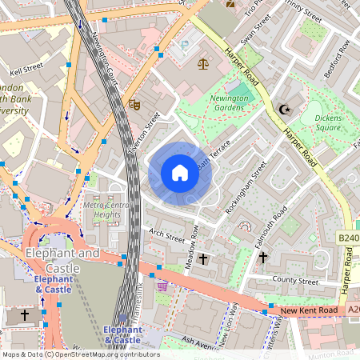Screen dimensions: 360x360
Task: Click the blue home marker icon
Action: click(180, 173)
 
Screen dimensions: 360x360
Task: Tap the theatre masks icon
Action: click(135, 103)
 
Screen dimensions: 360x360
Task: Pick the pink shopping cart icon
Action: click(163, 286)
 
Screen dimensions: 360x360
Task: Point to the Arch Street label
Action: click(166, 235)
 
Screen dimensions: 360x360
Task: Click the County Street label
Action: click(295, 281)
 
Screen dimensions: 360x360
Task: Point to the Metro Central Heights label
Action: click(106, 210)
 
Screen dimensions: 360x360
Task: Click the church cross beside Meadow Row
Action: click(203, 259)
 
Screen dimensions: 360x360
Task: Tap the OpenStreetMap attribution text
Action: click(80, 354)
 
